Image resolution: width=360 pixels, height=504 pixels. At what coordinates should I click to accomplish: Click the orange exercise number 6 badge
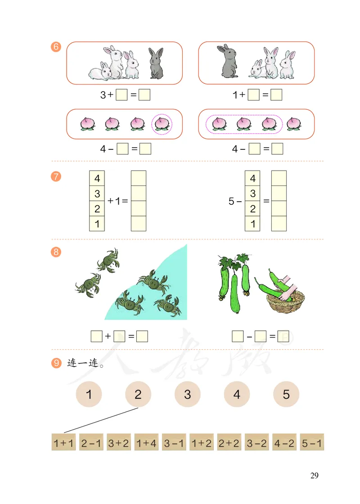56,47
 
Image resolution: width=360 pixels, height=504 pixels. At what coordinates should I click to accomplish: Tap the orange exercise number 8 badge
56,252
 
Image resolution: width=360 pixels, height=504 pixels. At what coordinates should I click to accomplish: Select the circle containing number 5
286,395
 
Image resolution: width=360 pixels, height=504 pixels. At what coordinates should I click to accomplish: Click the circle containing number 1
89,395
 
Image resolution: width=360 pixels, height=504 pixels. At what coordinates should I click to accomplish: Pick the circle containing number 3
187,395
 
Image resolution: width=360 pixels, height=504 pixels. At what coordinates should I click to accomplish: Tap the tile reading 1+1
63,443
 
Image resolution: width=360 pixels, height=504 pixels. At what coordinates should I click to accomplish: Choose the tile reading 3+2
118,443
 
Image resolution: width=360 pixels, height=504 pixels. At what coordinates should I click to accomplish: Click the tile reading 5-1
311,443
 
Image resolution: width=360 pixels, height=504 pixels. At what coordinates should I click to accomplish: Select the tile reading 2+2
229,443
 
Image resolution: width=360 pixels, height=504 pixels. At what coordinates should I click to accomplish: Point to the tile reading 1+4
146,443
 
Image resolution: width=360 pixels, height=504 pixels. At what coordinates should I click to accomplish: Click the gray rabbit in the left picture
156,63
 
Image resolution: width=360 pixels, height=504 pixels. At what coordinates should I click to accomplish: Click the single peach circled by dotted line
162,123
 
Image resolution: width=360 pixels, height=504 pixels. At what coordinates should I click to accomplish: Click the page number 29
314,476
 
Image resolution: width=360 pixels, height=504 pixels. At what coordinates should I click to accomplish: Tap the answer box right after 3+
121,95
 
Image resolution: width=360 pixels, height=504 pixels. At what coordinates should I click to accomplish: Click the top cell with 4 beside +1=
97,178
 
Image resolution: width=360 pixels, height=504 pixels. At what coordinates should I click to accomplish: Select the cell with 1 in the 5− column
252,224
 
